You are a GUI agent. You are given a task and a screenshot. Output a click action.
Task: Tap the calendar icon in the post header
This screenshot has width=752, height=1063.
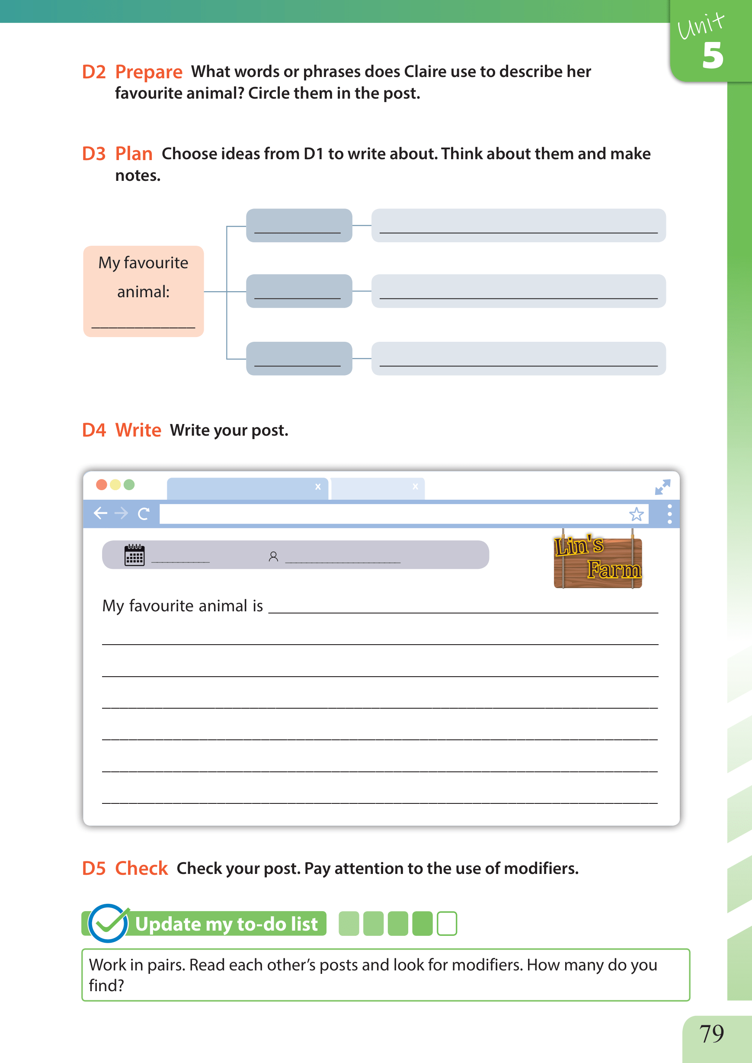tap(134, 555)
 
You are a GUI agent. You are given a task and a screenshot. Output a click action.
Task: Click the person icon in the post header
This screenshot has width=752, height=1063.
tap(273, 556)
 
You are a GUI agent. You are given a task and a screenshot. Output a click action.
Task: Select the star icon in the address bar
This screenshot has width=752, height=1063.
tap(636, 514)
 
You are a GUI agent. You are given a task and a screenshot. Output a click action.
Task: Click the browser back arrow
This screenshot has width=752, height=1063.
tap(100, 513)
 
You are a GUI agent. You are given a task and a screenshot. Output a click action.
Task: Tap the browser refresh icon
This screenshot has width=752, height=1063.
tap(144, 513)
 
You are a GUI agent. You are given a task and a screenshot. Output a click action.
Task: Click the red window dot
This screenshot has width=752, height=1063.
tap(102, 485)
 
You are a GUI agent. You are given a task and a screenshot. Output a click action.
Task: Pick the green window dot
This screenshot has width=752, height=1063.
tap(129, 485)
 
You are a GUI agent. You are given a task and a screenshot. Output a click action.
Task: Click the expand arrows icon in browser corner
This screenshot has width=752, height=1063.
tap(662, 487)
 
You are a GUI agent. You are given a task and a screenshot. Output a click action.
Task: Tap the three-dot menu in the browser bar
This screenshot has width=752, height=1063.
tap(669, 514)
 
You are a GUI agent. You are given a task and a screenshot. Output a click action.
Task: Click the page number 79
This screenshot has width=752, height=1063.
tap(711, 1033)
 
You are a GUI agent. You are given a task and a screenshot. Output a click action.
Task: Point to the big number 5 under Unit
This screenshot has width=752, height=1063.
tap(712, 55)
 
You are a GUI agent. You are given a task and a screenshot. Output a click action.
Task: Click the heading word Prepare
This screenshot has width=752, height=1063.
tap(149, 72)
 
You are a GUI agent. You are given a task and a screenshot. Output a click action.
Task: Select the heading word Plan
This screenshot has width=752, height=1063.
tap(134, 154)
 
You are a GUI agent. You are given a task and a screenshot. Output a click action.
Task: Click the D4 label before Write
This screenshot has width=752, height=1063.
tap(94, 430)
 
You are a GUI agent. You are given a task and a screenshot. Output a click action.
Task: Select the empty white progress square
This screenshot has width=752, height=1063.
tap(447, 924)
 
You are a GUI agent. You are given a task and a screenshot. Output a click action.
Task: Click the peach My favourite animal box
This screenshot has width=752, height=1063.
tap(144, 291)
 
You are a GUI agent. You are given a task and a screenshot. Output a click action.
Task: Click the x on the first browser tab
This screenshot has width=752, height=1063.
tap(318, 486)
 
